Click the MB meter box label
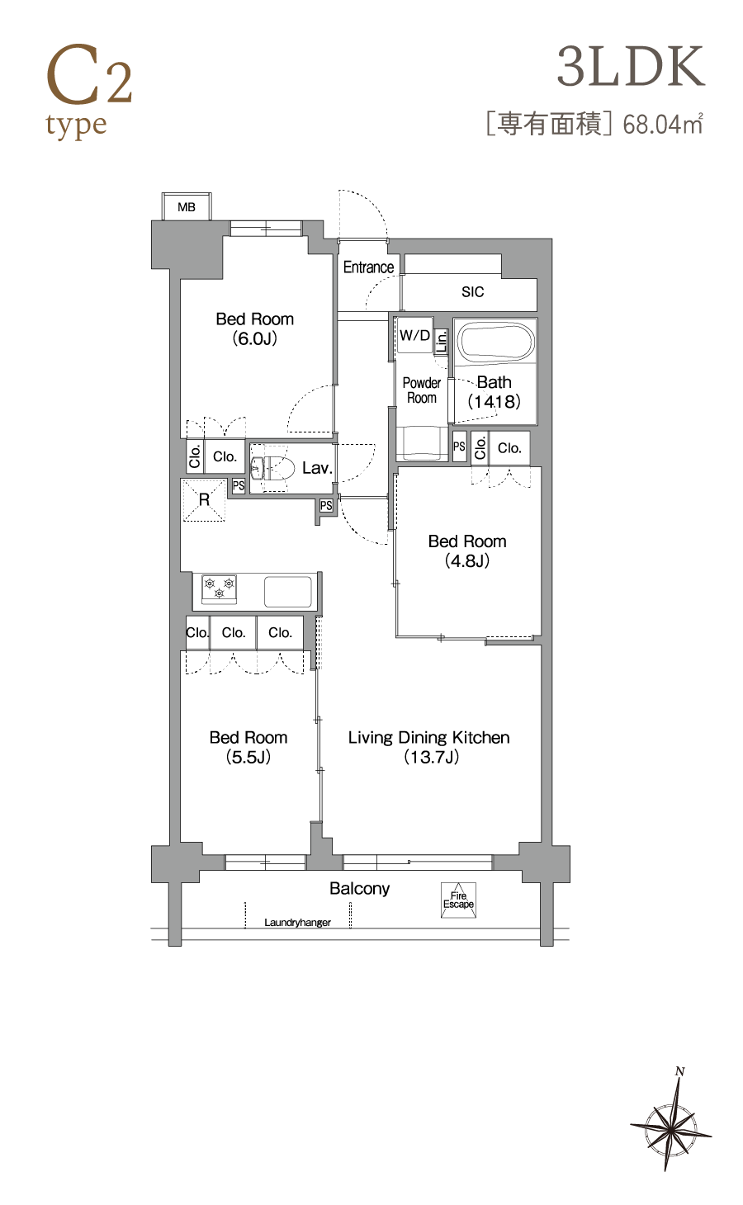pyautogui.click(x=187, y=207)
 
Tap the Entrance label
pyautogui.click(x=368, y=267)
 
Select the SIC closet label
pyautogui.click(x=472, y=291)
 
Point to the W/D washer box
pyautogui.click(x=414, y=336)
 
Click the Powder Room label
pyautogui.click(x=422, y=390)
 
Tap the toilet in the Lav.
pyautogui.click(x=273, y=467)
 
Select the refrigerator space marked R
pyautogui.click(x=204, y=500)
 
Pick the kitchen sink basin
pyautogui.click(x=288, y=591)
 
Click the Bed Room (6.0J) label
pyautogui.click(x=254, y=328)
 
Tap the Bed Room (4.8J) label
pyautogui.click(x=467, y=551)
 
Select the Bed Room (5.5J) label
pyautogui.click(x=248, y=747)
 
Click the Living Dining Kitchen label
pyautogui.click(x=428, y=747)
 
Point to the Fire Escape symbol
pyautogui.click(x=458, y=900)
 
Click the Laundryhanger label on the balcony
pyautogui.click(x=297, y=923)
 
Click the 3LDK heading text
pyautogui.click(x=631, y=67)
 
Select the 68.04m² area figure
pyautogui.click(x=663, y=125)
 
